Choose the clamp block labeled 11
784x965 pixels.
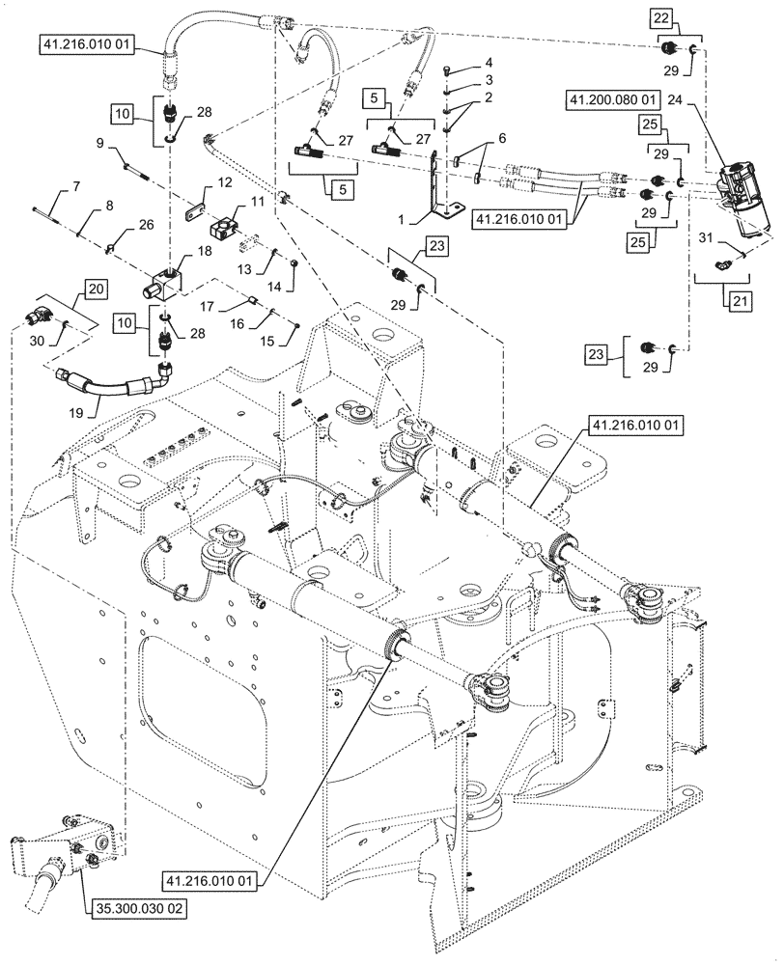(x=228, y=229)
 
